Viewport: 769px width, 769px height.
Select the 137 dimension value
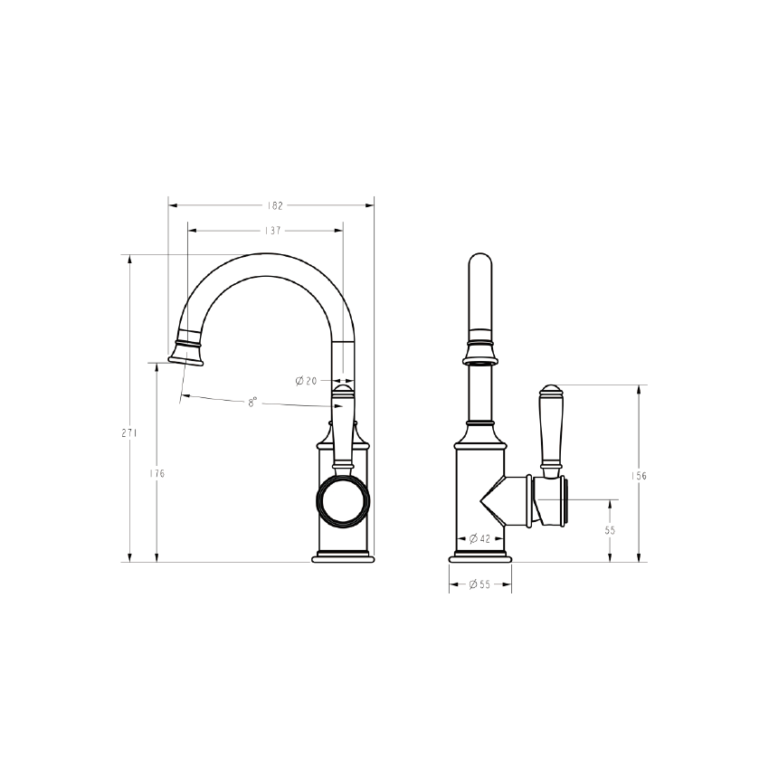(x=271, y=231)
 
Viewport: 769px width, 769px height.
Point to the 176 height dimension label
(x=159, y=473)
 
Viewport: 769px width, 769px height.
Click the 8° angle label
(x=253, y=402)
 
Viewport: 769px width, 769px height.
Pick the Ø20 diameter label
(x=306, y=381)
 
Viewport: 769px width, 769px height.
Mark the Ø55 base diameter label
(x=479, y=585)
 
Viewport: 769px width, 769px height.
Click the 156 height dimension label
(x=641, y=475)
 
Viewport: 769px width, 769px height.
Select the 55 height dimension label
(x=611, y=531)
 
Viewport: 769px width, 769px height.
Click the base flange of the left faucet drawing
(x=343, y=555)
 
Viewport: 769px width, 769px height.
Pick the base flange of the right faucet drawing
(x=480, y=555)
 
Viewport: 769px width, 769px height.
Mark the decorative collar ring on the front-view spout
(x=480, y=350)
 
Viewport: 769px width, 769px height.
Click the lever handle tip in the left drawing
(x=343, y=390)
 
